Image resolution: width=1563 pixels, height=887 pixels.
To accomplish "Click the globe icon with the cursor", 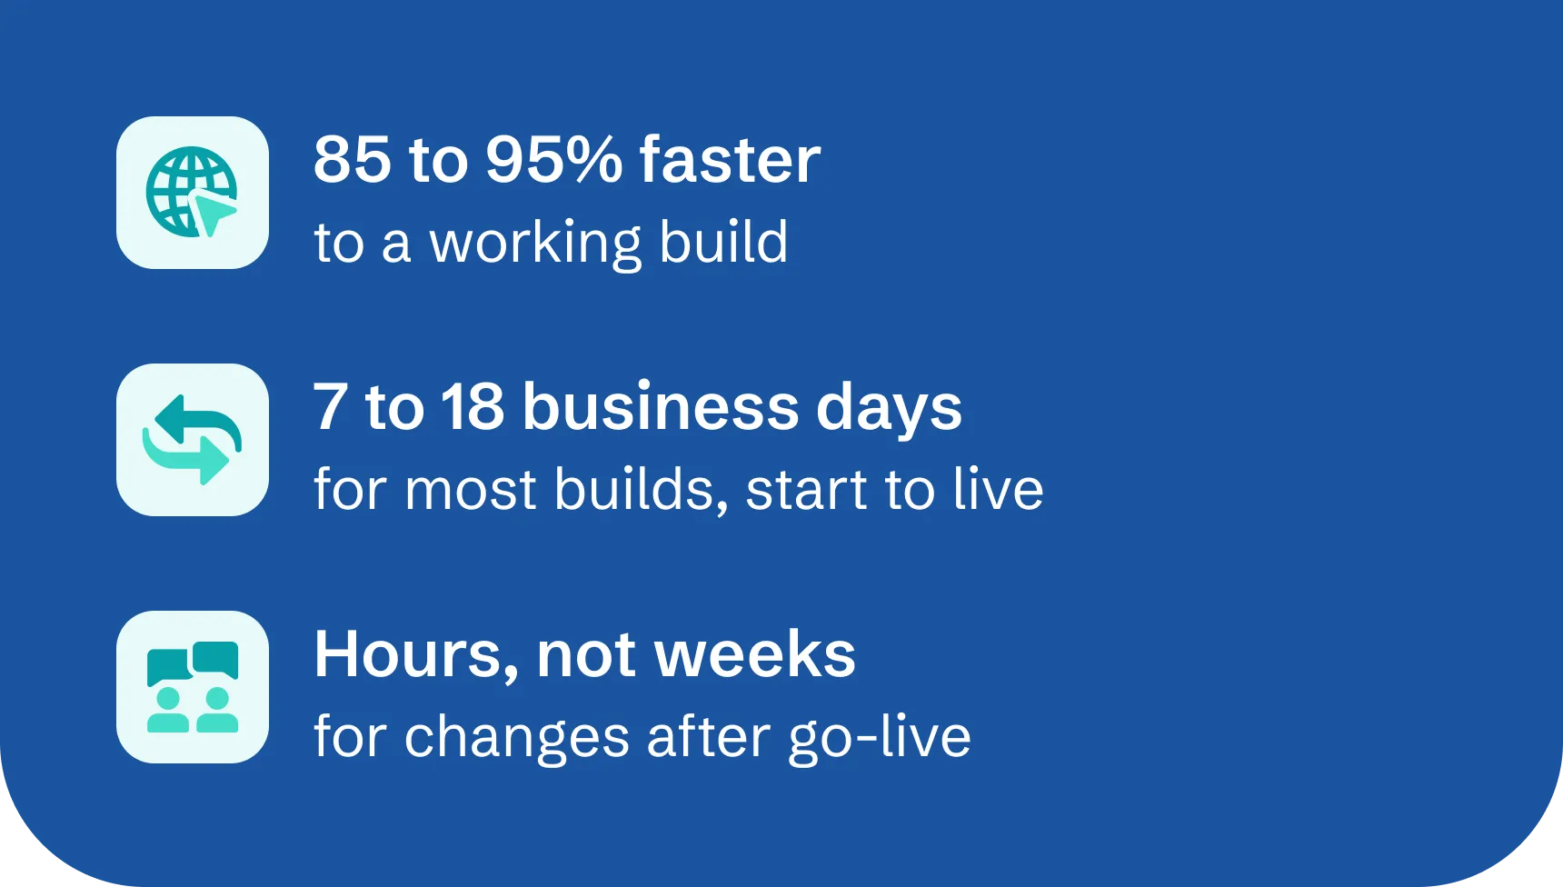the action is point(192,192).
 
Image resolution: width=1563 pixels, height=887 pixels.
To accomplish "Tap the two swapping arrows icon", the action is point(192,440).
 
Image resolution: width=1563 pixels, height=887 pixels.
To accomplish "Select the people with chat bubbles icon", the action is point(192,687).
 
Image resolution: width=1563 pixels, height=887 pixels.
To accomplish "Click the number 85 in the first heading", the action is point(353,159).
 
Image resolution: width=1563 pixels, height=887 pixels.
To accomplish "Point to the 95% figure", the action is point(553,159).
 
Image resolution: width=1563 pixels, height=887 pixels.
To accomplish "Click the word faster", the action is point(730,159).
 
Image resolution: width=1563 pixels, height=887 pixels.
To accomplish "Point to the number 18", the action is point(473,406).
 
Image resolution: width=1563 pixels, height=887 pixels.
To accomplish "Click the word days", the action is point(889,408).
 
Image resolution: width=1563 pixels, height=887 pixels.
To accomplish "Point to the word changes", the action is point(516,737).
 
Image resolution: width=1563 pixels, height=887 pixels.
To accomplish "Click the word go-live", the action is point(879,737).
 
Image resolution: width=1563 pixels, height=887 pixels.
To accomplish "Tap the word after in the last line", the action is point(709,735).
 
